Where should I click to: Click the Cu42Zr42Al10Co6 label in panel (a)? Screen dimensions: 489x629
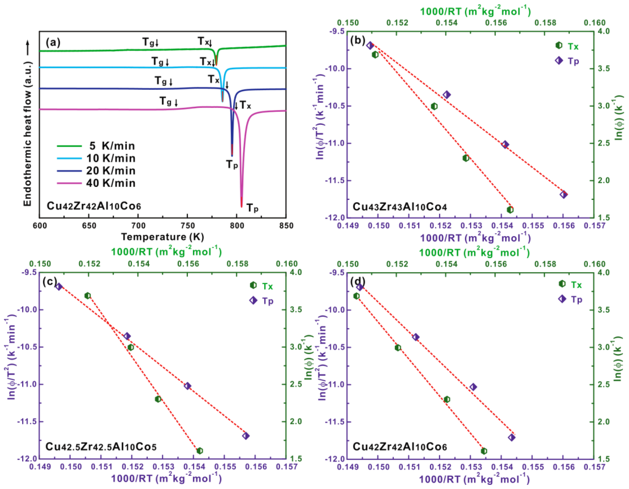[94, 206]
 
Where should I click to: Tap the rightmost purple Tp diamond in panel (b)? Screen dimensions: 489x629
[564, 195]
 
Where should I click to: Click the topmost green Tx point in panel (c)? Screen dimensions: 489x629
[88, 296]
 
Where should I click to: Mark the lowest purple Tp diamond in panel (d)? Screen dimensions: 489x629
[511, 437]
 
